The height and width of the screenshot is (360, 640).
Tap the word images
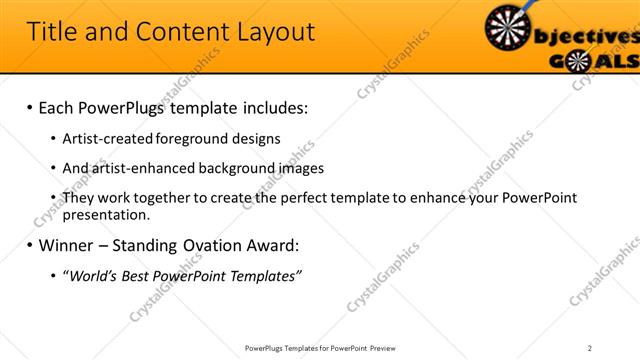point(298,168)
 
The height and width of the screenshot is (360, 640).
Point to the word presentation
point(106,215)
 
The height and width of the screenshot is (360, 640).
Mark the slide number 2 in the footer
point(590,347)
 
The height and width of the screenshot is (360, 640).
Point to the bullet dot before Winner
point(29,245)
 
